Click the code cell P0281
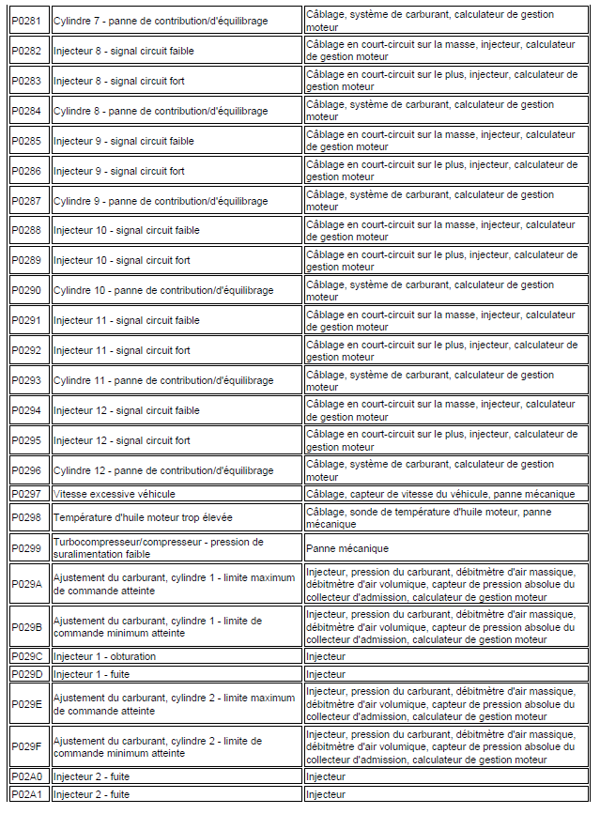point(26,21)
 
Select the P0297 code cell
point(26,493)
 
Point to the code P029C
point(27,656)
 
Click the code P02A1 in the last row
point(27,794)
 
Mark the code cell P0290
point(26,290)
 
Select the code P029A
point(27,583)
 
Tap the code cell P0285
point(26,141)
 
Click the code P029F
point(27,746)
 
